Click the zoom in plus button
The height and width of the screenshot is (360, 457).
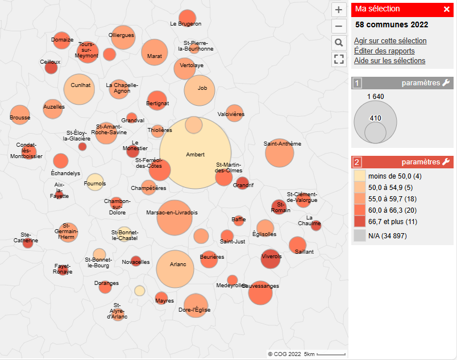click(x=339, y=10)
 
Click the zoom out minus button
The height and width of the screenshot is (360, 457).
click(x=339, y=26)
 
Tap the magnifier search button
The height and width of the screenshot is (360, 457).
click(x=339, y=43)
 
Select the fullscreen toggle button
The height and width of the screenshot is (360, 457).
click(x=339, y=59)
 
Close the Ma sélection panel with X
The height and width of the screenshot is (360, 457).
click(x=447, y=9)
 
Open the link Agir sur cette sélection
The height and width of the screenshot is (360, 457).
click(x=390, y=40)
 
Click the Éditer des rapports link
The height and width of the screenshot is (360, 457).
click(x=384, y=51)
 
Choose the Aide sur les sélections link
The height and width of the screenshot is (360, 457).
click(x=389, y=61)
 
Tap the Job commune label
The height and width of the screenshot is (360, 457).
click(x=202, y=88)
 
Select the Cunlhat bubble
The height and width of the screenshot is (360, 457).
click(x=80, y=85)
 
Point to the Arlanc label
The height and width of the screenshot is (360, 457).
click(x=178, y=264)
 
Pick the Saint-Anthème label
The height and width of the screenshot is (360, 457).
click(x=282, y=144)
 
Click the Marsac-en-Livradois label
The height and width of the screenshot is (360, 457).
click(x=172, y=213)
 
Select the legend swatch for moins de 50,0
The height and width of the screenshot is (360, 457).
click(x=359, y=176)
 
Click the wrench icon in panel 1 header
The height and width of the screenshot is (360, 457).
click(x=446, y=83)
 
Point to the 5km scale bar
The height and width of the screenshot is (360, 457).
click(x=333, y=354)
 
